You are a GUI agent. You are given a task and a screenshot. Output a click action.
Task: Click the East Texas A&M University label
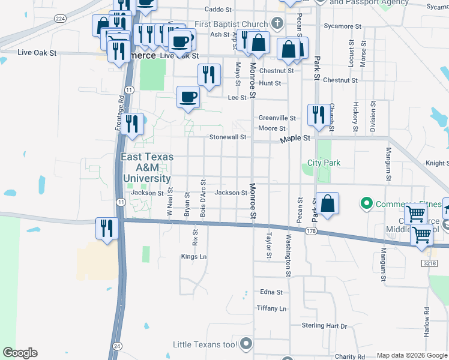[147, 167]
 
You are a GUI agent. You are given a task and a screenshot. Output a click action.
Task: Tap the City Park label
[324, 163]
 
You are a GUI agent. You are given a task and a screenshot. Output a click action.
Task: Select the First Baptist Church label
[231, 24]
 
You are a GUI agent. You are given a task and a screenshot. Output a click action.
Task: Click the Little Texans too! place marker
[246, 344]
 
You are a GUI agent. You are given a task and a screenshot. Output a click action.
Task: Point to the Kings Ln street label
[194, 257]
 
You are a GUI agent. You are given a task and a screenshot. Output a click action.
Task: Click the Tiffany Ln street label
[271, 308]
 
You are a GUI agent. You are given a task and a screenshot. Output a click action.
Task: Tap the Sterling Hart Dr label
[324, 326]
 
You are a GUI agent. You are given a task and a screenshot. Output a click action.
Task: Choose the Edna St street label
[271, 292]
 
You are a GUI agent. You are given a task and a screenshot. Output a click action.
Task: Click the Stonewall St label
[228, 137]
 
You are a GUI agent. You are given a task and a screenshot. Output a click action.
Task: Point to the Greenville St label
[277, 118]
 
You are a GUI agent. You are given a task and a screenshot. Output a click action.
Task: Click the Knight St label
[436, 163]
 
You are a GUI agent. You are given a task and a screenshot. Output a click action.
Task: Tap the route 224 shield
[59, 19]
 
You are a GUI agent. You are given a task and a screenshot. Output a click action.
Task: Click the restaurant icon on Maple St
[317, 114]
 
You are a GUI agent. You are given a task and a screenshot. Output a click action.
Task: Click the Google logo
[20, 353]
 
